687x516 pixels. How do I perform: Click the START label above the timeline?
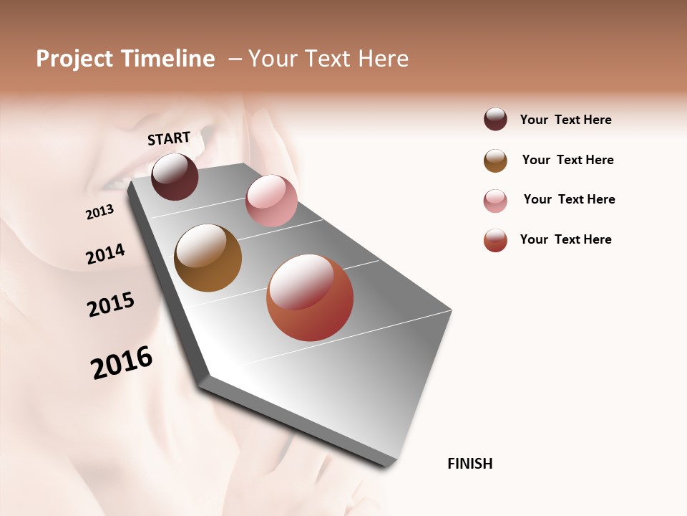pyautogui.click(x=169, y=138)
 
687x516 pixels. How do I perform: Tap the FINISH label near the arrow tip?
pyautogui.click(x=469, y=464)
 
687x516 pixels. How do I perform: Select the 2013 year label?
pyautogui.click(x=99, y=212)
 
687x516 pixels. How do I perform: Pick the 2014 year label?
pyautogui.click(x=105, y=254)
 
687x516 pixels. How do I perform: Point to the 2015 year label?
pyautogui.click(x=111, y=305)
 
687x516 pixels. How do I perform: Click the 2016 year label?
pyautogui.click(x=122, y=363)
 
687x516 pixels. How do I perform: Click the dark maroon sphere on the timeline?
pyautogui.click(x=175, y=176)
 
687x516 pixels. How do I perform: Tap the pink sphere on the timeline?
pyautogui.click(x=271, y=201)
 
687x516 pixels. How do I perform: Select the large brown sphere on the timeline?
pyautogui.click(x=208, y=258)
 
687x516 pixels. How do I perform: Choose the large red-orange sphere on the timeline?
pyautogui.click(x=310, y=298)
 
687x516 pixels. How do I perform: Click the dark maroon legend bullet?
pyautogui.click(x=495, y=120)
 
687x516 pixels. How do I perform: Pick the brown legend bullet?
pyautogui.click(x=495, y=161)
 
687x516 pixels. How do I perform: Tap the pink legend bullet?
pyautogui.click(x=495, y=201)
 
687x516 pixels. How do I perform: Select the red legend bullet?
pyautogui.click(x=495, y=240)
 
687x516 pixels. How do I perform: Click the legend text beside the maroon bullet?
pyautogui.click(x=565, y=120)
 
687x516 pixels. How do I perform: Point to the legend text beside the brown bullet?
pyautogui.click(x=567, y=160)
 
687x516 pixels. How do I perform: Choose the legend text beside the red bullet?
pyautogui.click(x=565, y=239)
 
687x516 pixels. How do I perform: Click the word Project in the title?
pyautogui.click(x=75, y=59)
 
